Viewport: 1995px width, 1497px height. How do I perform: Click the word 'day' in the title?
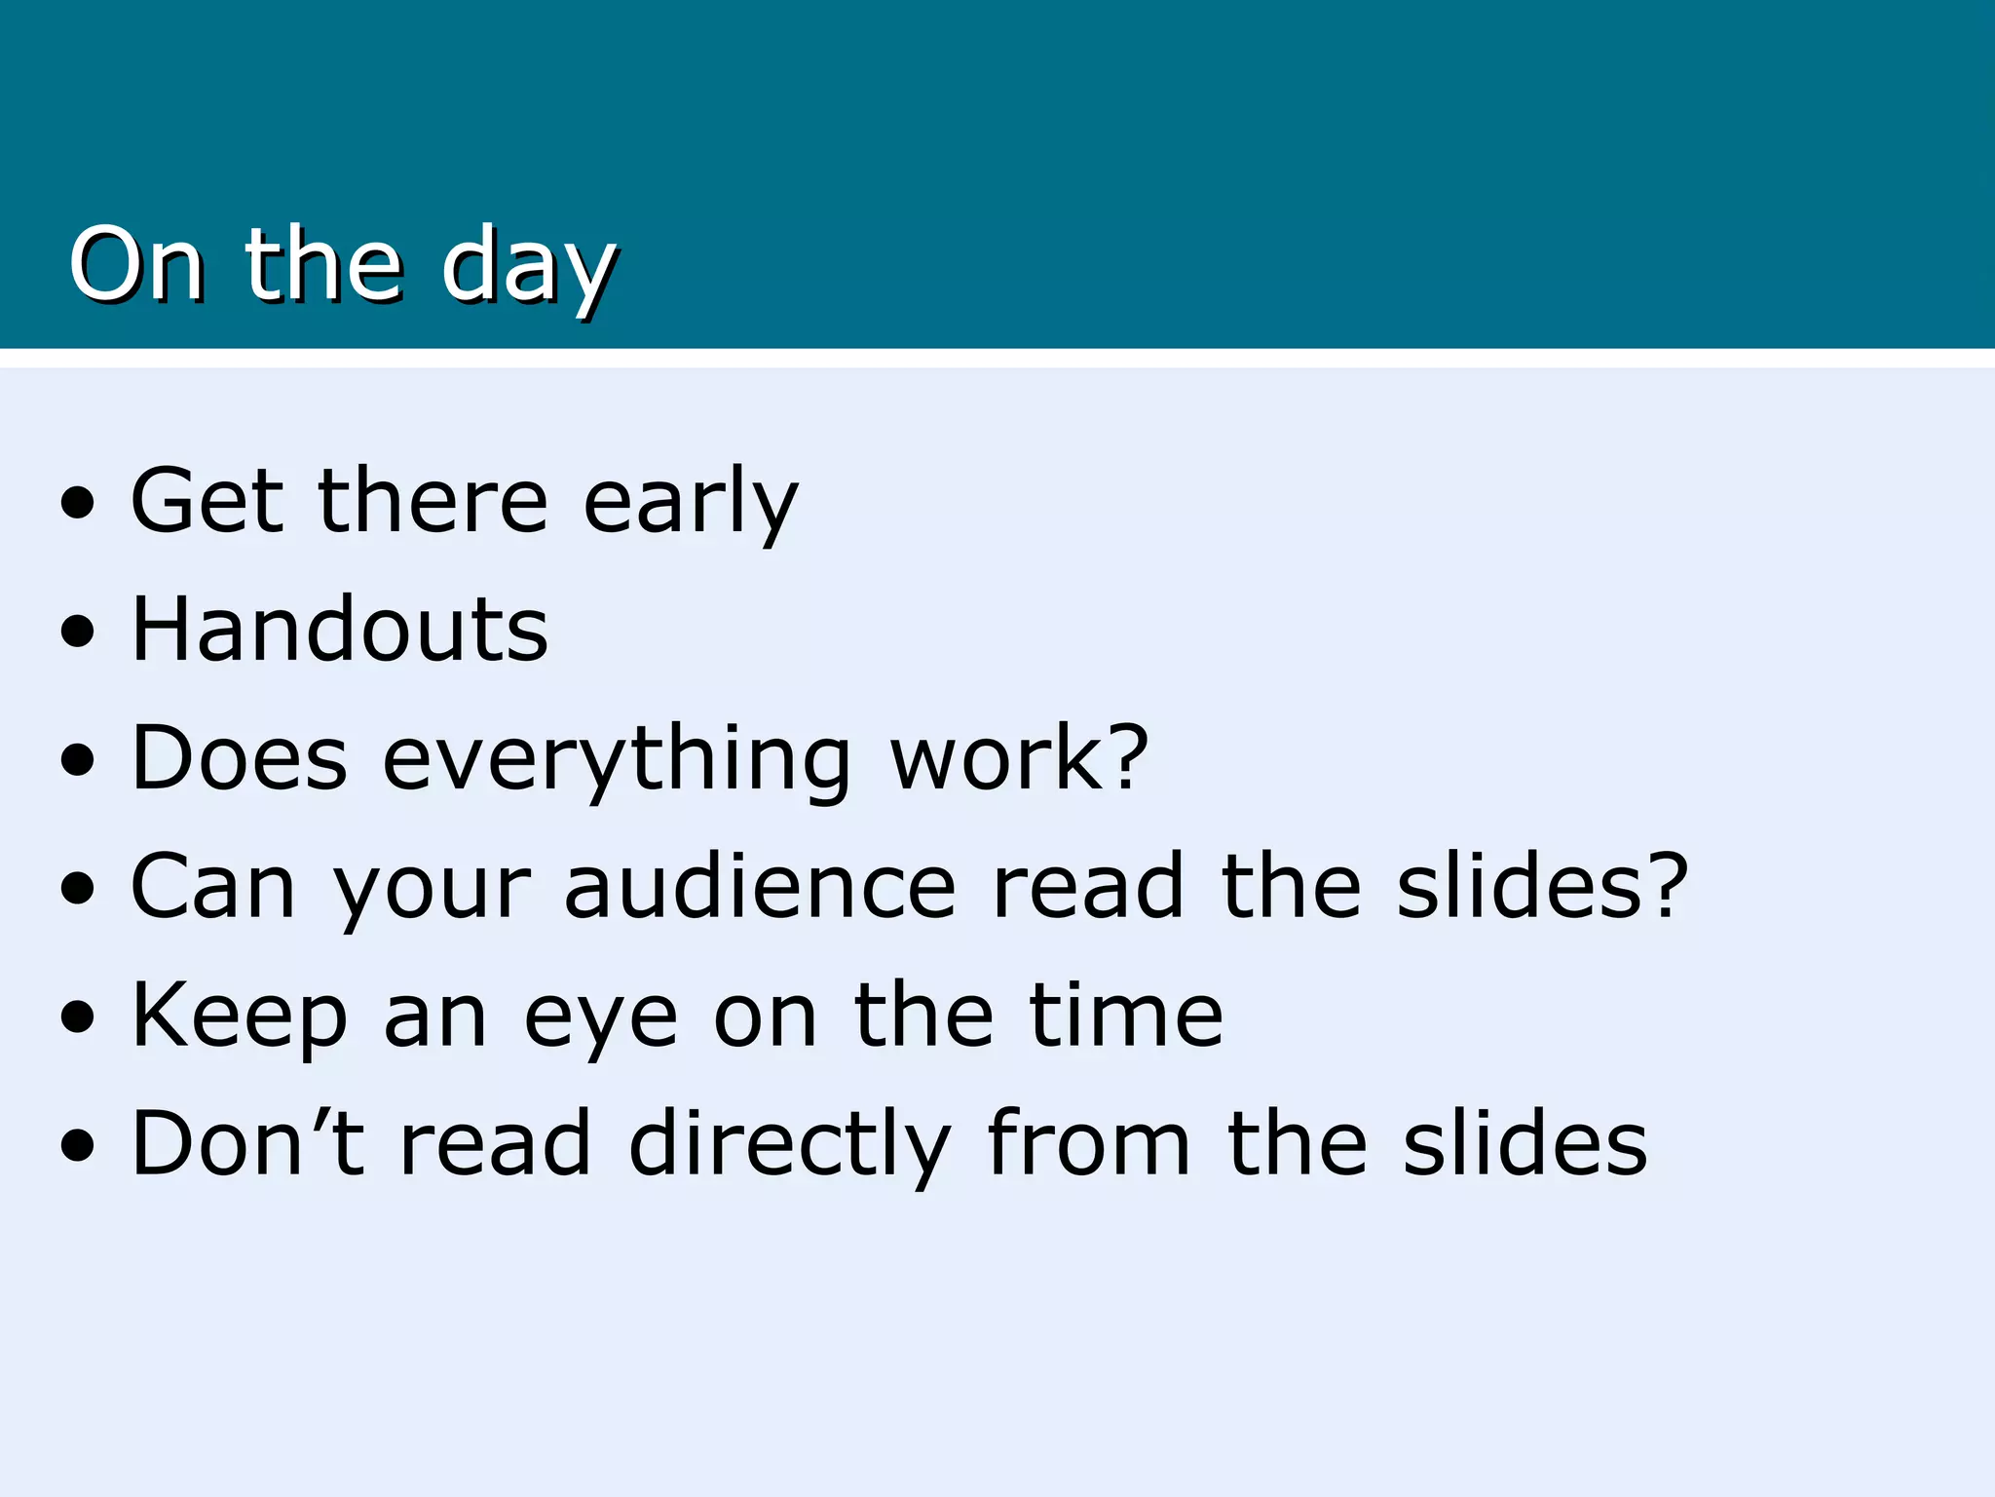(528, 266)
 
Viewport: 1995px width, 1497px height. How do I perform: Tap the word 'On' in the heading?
(136, 264)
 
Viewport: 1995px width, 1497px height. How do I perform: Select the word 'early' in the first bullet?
(690, 501)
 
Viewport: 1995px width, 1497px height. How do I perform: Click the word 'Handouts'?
(340, 630)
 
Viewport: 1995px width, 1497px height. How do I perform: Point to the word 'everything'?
(617, 759)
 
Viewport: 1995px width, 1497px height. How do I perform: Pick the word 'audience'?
(760, 887)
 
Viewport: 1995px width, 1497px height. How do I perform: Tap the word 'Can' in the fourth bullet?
(213, 887)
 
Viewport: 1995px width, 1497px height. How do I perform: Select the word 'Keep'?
(240, 1017)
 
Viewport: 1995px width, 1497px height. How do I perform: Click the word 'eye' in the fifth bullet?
(601, 1018)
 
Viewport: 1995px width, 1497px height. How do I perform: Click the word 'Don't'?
(247, 1143)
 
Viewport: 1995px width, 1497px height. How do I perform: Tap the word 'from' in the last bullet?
(1088, 1143)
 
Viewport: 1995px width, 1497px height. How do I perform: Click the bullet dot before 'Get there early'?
(78, 503)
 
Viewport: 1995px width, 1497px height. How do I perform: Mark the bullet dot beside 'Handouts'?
(78, 632)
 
